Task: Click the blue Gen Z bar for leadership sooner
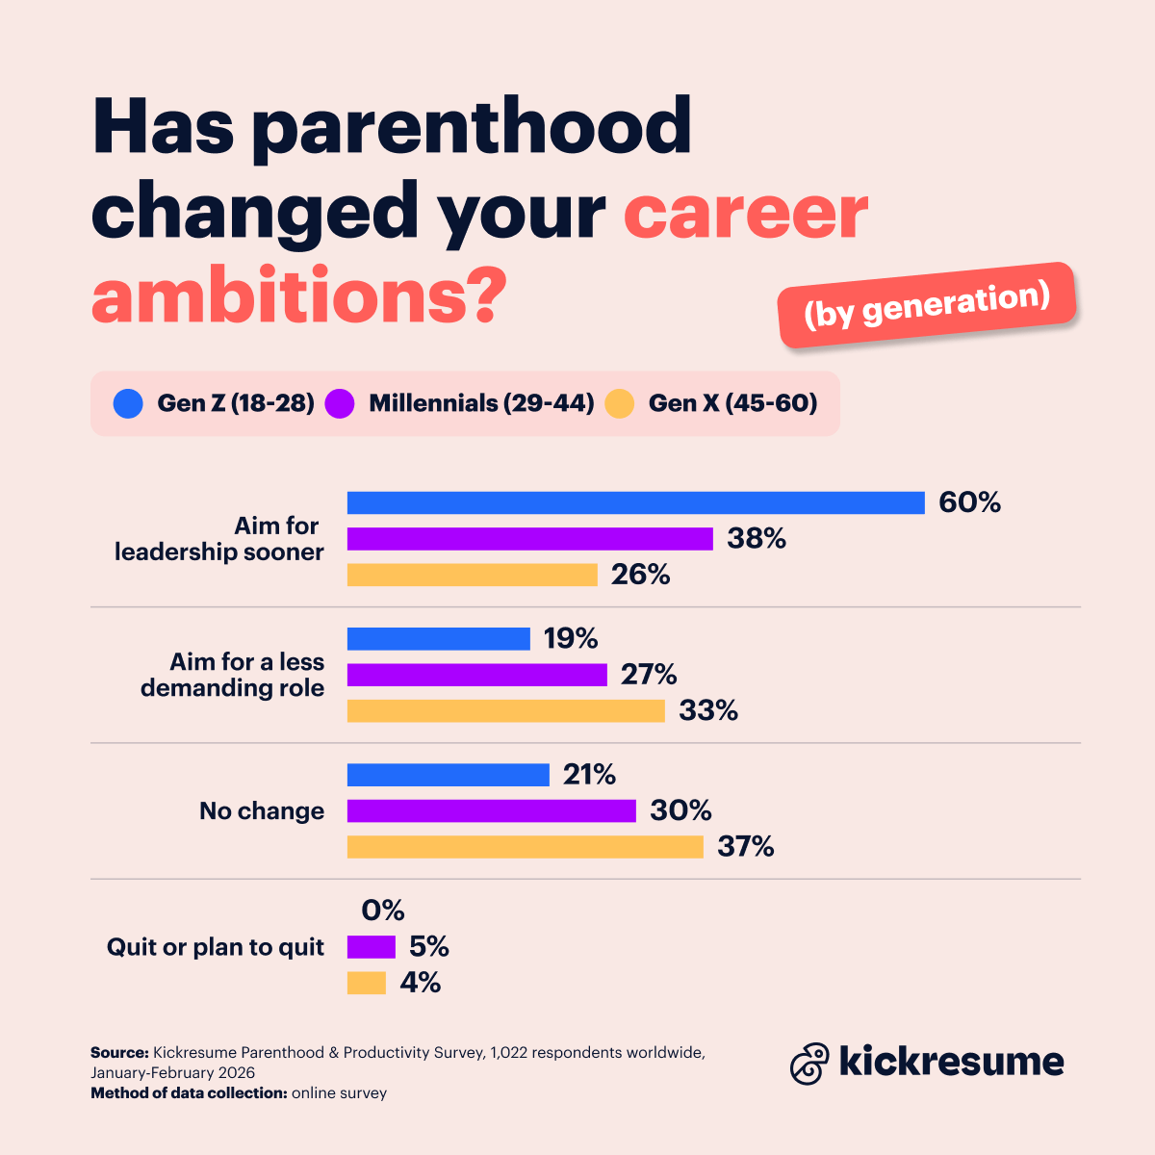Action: point(635,502)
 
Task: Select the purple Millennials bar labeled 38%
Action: point(529,539)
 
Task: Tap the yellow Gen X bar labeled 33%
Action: point(505,711)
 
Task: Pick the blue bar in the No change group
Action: point(448,775)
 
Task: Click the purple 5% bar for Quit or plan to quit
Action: point(371,947)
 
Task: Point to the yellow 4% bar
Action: point(366,983)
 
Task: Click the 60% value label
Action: point(969,502)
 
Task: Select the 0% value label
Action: point(383,911)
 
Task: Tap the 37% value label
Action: point(745,847)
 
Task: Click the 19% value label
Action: point(571,639)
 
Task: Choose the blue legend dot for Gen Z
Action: point(128,403)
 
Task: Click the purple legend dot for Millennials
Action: point(340,403)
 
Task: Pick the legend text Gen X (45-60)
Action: point(732,403)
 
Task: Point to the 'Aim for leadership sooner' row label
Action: point(219,539)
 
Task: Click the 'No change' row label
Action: point(262,811)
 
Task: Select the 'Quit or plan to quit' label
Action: point(216,947)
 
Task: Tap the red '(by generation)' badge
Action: point(926,304)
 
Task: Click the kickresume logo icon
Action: point(809,1063)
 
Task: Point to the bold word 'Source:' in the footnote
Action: point(119,1053)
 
